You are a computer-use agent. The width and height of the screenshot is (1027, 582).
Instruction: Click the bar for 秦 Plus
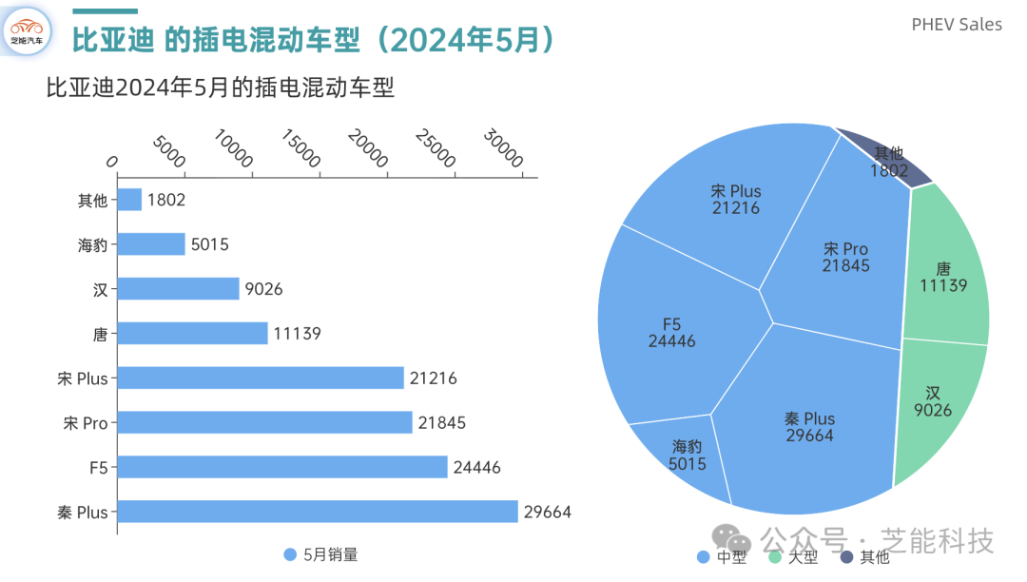(318, 512)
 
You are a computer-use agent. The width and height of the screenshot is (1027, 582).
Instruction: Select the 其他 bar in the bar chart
(129, 200)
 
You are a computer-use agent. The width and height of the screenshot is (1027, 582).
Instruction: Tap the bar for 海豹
(151, 244)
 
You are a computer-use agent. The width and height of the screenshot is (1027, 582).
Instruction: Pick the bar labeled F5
(282, 467)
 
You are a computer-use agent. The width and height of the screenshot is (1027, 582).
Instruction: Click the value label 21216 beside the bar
(433, 378)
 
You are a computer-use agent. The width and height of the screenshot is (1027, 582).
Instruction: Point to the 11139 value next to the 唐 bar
(297, 334)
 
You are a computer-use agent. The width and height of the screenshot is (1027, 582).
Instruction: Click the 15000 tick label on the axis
(300, 148)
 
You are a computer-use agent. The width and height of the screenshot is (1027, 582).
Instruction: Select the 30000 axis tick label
(503, 148)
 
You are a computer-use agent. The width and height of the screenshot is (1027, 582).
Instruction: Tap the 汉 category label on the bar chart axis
(100, 289)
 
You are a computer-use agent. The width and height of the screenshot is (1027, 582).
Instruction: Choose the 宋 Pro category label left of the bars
(86, 423)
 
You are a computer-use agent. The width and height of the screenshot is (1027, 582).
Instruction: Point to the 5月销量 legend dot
(290, 554)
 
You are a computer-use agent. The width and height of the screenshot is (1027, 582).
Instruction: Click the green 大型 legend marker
(775, 556)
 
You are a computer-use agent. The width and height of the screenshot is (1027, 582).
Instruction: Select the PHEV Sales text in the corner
(957, 25)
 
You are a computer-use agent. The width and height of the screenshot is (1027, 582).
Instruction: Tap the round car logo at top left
(27, 30)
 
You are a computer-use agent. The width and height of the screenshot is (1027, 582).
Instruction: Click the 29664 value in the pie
(809, 436)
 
